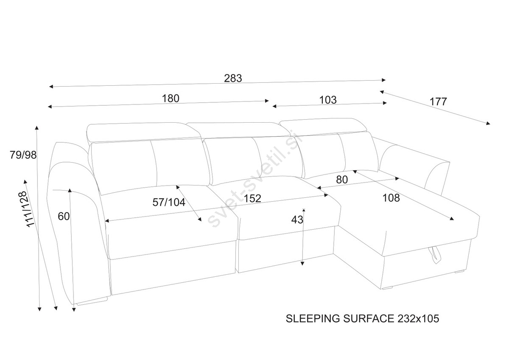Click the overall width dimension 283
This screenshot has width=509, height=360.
(233, 78)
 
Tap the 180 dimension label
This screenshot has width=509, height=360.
(171, 98)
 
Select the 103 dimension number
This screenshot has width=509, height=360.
(327, 100)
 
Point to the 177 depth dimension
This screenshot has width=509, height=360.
(438, 102)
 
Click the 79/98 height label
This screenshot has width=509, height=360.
(23, 155)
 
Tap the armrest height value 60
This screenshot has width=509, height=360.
(64, 217)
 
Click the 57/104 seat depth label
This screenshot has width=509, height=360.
(169, 202)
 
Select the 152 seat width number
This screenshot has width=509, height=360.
(252, 198)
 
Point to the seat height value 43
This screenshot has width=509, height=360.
(297, 219)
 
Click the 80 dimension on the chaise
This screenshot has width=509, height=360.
(342, 180)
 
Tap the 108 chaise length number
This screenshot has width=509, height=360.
(391, 197)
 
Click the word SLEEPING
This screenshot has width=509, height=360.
(312, 318)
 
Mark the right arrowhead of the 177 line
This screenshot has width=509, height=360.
(488, 124)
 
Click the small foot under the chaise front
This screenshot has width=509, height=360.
(387, 289)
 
